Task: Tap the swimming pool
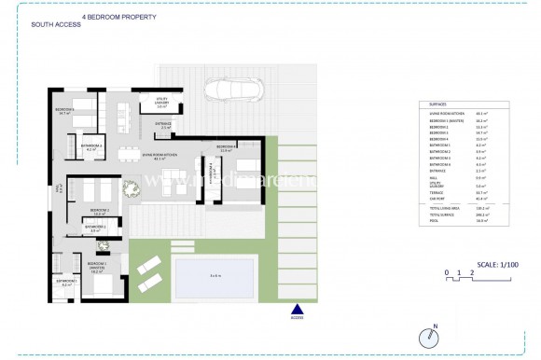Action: click(x=215, y=275)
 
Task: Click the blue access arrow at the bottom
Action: click(x=298, y=311)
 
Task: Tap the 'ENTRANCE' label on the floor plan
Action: click(x=163, y=124)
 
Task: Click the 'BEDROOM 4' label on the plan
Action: click(x=228, y=147)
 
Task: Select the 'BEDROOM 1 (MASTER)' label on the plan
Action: click(x=98, y=265)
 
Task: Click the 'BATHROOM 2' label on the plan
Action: click(x=95, y=228)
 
